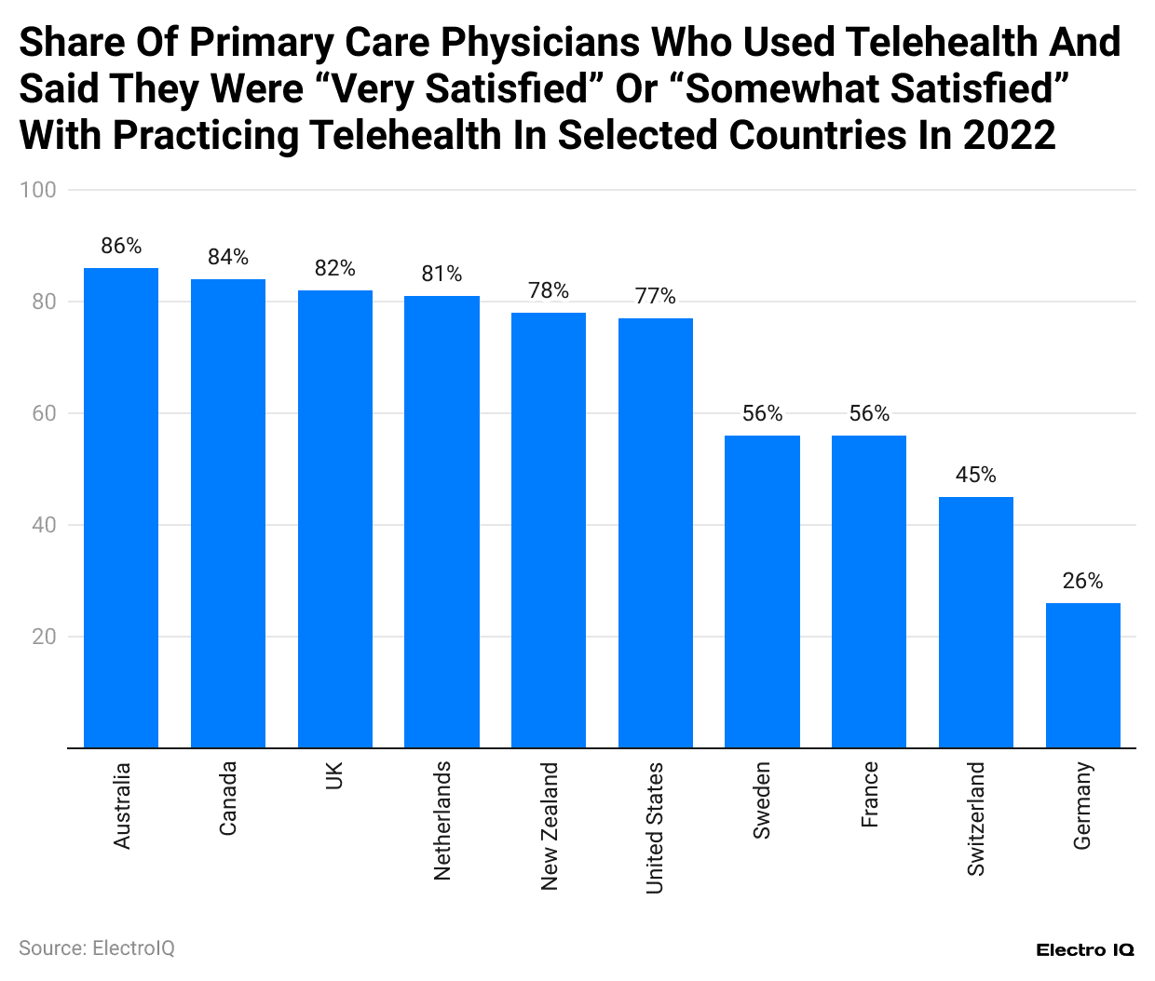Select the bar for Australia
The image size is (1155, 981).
(121, 507)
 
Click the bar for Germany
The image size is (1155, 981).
(1082, 675)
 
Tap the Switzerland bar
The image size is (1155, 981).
(975, 622)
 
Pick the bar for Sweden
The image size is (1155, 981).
(762, 591)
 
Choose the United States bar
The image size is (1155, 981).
(655, 532)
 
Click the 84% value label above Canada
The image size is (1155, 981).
(228, 257)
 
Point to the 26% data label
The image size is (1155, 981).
(1082, 581)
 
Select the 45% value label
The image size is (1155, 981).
(975, 475)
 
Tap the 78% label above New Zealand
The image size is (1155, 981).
(549, 290)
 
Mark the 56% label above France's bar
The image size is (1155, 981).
(869, 413)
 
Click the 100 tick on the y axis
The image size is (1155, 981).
(38, 190)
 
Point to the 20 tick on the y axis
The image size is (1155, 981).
(44, 637)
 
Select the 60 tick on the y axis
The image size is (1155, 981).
(44, 413)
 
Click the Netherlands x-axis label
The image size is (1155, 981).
(442, 820)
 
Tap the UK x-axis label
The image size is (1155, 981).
(334, 775)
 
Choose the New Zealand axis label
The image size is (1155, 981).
(549, 826)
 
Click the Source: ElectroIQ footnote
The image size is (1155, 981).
(97, 947)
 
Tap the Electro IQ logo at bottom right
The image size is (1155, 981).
(1085, 949)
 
